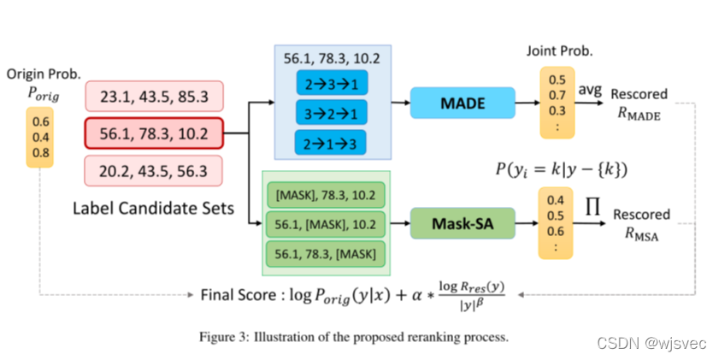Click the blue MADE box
tap(463, 103)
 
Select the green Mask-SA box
tap(463, 223)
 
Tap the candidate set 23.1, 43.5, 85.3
tap(154, 97)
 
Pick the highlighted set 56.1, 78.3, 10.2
tap(154, 133)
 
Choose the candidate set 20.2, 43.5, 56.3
tap(154, 171)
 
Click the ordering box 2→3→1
tap(332, 83)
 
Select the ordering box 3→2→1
tap(332, 112)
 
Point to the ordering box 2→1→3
tap(330, 143)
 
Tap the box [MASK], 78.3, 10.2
tap(326, 195)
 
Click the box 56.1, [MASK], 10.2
tap(326, 224)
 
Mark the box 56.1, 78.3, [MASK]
tap(326, 254)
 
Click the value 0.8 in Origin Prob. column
tap(41, 153)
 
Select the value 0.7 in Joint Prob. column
tap(557, 96)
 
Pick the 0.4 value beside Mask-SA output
tap(556, 200)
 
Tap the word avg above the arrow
tap(590, 90)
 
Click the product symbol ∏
tap(592, 206)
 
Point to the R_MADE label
tap(639, 113)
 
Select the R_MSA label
tap(641, 234)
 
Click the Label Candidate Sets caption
tap(154, 208)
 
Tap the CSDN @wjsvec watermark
tap(651, 343)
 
